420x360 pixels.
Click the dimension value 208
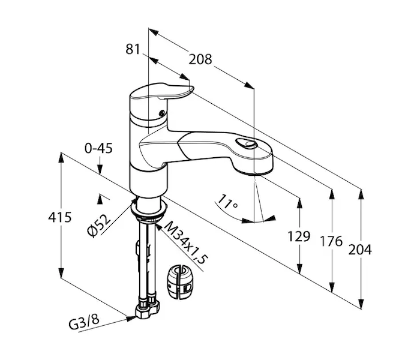coord(200,59)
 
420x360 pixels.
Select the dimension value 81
coord(133,50)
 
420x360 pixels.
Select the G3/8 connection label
coord(84,320)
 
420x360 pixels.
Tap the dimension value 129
coord(298,236)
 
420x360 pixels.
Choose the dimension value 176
coord(331,241)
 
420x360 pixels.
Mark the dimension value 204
coord(360,249)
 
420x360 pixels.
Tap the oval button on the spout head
coord(246,143)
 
